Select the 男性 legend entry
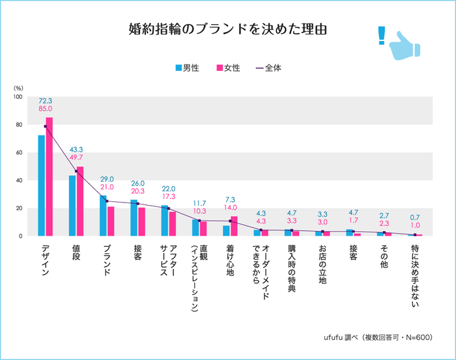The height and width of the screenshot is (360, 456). (x=186, y=67)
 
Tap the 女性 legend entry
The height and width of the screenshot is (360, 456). (x=228, y=67)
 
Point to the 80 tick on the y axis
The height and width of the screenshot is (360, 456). (x=18, y=125)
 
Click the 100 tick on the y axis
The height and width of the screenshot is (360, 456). (x=17, y=97)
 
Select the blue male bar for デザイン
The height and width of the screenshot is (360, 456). (x=42, y=186)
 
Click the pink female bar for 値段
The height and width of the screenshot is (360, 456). (x=80, y=201)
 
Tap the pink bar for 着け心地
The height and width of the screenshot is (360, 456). (x=234, y=226)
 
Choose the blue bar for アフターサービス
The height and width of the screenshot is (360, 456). (x=165, y=221)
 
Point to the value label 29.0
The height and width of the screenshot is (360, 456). (x=107, y=179)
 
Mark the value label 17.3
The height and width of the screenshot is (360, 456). (x=169, y=196)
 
